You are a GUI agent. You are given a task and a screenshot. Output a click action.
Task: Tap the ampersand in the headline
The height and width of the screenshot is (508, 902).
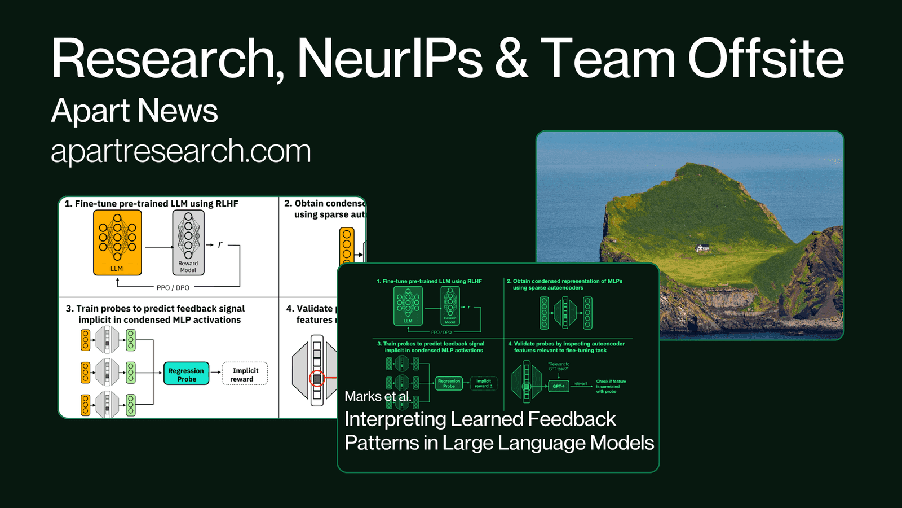click(512, 59)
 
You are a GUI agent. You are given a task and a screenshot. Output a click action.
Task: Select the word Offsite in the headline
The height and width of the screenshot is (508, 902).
click(766, 59)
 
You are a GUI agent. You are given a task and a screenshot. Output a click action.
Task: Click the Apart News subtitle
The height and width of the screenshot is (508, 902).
click(134, 111)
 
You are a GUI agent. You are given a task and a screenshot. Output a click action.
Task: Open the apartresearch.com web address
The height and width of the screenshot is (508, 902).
click(181, 151)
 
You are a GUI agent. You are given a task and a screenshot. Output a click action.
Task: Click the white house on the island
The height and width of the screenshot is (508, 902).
click(702, 248)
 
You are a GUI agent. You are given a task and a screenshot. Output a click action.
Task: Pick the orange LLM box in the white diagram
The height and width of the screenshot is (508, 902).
click(117, 243)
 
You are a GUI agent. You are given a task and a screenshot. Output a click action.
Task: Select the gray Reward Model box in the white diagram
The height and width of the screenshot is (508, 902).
click(188, 243)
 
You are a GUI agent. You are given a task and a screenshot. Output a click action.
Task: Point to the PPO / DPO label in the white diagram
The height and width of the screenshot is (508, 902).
click(173, 288)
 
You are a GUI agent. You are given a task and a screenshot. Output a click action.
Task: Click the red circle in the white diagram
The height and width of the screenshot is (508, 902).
click(317, 378)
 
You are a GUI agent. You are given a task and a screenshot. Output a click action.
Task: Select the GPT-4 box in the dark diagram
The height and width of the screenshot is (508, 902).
click(559, 386)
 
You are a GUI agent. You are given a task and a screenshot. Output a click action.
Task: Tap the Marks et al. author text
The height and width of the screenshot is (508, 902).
click(378, 396)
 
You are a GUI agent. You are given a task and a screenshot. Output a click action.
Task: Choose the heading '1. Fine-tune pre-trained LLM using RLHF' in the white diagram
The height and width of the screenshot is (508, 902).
click(151, 204)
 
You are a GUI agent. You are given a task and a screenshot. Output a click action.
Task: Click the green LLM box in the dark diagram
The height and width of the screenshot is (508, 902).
click(408, 306)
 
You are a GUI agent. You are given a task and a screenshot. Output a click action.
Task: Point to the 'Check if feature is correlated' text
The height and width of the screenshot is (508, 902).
click(611, 386)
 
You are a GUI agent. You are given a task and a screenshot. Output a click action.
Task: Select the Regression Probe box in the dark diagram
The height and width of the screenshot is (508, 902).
click(449, 384)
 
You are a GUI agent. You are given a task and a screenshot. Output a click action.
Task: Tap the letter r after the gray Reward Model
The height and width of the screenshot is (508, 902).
click(220, 244)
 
